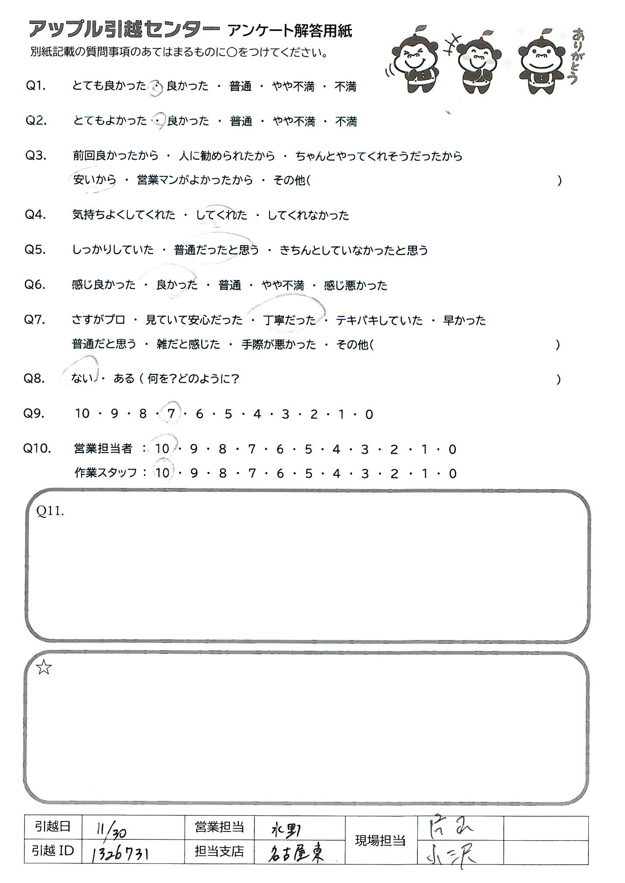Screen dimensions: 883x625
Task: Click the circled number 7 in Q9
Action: (x=171, y=413)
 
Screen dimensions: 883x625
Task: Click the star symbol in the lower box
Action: (x=44, y=668)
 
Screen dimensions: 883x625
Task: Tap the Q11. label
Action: (x=51, y=511)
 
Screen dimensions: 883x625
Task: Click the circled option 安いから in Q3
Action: (x=95, y=180)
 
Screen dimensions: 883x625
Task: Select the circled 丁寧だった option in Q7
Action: (x=289, y=320)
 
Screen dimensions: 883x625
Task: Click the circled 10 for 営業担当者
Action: (x=162, y=449)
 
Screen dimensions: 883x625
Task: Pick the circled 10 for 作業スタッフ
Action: (x=162, y=473)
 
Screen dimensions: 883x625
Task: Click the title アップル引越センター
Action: (x=124, y=30)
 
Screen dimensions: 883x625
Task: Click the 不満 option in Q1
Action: (x=345, y=86)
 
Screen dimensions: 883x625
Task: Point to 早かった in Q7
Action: (x=464, y=320)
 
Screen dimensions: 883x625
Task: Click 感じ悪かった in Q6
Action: (x=355, y=285)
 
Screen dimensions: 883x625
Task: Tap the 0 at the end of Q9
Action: (x=369, y=414)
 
